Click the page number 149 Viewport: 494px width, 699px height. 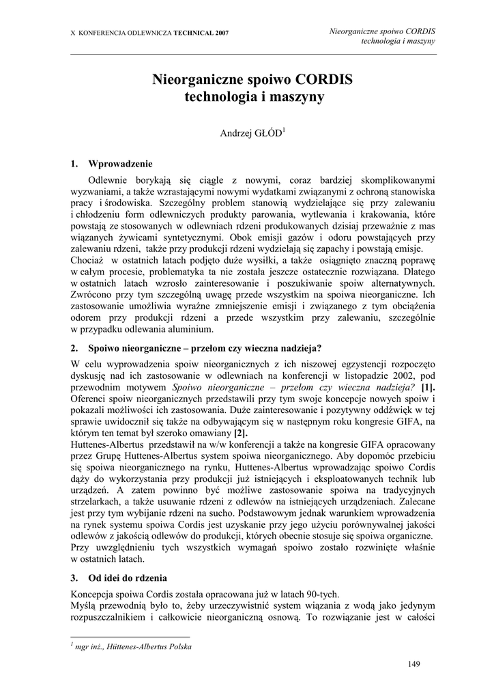point(414,664)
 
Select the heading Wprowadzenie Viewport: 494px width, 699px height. point(121,165)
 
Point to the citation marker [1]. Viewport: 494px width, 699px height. point(429,388)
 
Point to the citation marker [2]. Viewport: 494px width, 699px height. point(241,433)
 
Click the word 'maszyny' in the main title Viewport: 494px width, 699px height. point(298,97)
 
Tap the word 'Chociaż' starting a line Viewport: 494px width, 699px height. point(87,260)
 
